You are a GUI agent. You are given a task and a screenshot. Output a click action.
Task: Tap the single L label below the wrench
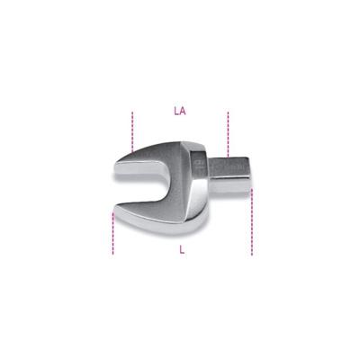pyautogui.click(x=182, y=249)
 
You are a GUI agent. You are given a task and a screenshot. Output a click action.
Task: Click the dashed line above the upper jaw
pyautogui.click(x=133, y=130)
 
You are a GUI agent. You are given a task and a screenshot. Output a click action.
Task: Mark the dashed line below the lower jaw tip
pyautogui.click(x=113, y=234)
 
